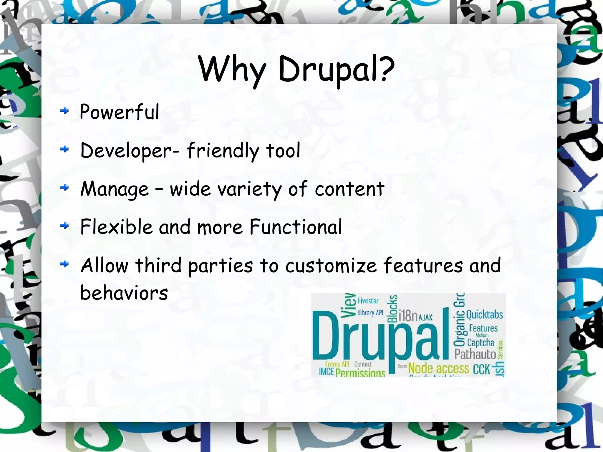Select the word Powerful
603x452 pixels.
tap(120, 112)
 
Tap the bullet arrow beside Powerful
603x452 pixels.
tap(64, 111)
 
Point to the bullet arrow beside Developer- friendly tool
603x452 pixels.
tap(64, 149)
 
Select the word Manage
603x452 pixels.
tap(115, 189)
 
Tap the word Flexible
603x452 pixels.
tap(116, 227)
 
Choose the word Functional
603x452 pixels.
tap(296, 227)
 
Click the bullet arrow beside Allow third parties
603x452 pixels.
tap(64, 264)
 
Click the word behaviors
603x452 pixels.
tap(124, 293)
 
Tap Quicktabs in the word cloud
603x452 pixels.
tap(484, 314)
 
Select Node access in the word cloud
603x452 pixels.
tap(439, 368)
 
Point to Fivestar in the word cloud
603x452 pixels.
tap(368, 301)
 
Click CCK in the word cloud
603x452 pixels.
tap(481, 369)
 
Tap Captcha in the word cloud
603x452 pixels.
tap(481, 342)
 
